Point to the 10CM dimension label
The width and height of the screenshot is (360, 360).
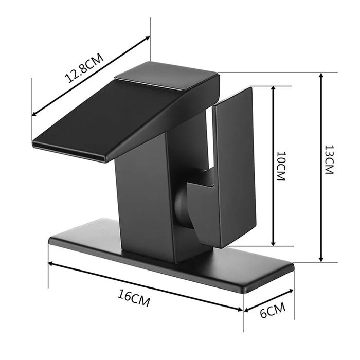281,166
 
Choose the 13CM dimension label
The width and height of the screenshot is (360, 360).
329,160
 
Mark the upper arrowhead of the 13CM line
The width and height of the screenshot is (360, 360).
321,75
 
